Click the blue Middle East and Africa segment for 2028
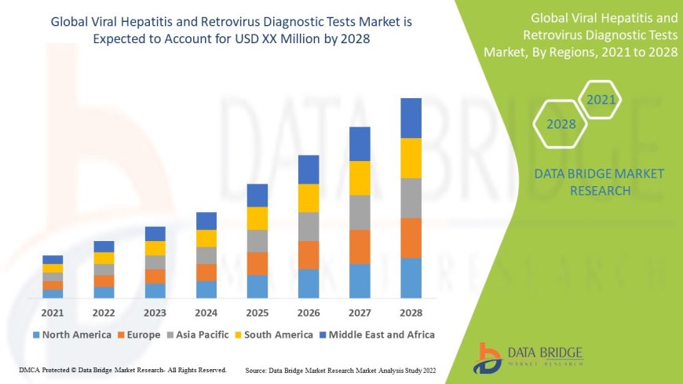point(411,118)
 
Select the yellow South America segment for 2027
point(360,177)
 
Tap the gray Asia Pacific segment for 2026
point(309,226)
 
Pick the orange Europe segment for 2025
point(257,263)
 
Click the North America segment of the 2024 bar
point(206,289)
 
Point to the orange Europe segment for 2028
point(411,238)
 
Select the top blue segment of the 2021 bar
point(53,259)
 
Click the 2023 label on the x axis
point(155,313)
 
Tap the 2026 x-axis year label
point(309,313)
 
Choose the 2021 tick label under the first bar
point(53,313)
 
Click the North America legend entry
point(71,335)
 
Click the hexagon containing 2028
point(561,124)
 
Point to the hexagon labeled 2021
point(601,100)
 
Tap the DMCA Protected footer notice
point(122,369)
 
